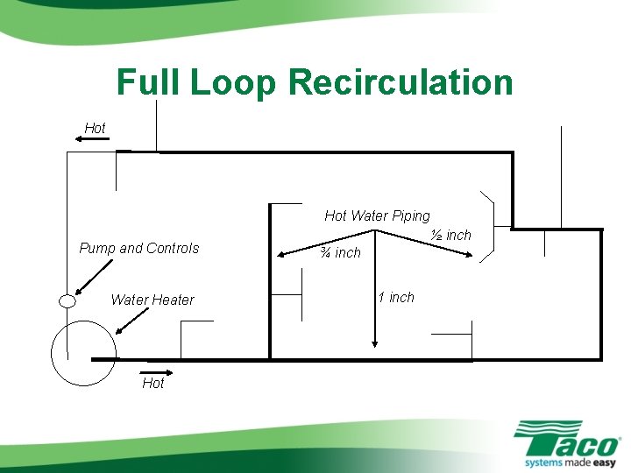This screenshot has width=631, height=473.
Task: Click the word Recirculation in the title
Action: pos(400,83)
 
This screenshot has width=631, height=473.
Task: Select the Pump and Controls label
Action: pos(139,248)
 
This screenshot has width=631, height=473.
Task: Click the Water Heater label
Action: pos(152,300)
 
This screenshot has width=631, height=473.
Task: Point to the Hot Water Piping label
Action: pos(377,215)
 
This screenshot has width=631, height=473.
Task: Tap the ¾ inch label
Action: pos(340,252)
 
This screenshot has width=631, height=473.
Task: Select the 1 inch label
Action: pos(396,297)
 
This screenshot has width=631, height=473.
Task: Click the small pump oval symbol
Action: pos(66,302)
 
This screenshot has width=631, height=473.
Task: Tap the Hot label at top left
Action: pos(95,128)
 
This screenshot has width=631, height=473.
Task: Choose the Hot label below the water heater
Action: pos(152,383)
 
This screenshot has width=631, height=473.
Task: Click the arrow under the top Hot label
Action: pos(89,139)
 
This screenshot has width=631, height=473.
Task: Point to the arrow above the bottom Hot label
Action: pos(158,371)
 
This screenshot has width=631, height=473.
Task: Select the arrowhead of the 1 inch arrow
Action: pos(375,345)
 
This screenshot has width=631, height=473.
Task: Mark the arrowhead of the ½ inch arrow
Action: pos(470,257)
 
